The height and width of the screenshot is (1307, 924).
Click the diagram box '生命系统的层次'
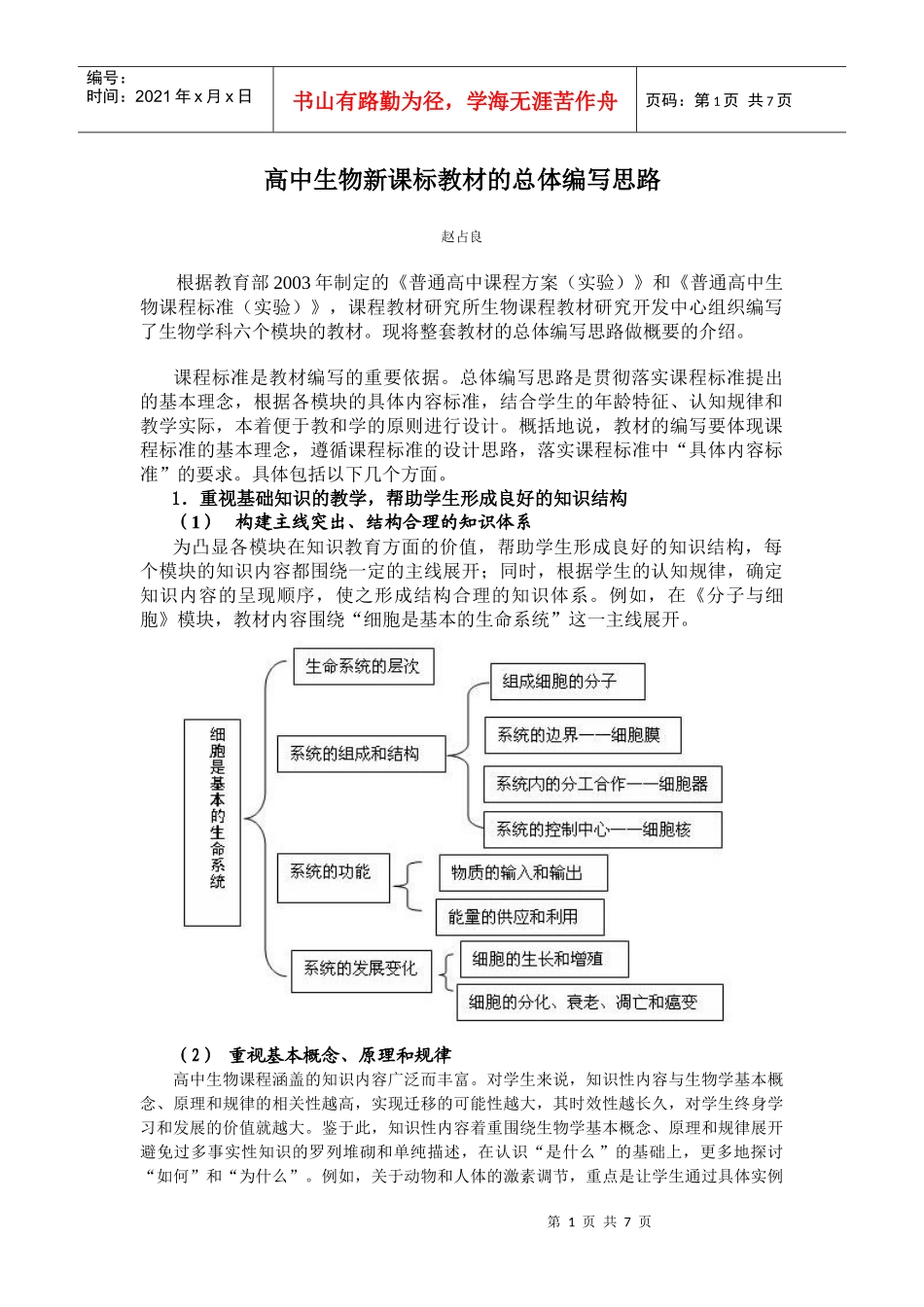(x=363, y=667)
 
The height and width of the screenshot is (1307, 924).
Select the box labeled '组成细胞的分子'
(x=567, y=682)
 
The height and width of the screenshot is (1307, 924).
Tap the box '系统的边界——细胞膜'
(x=582, y=735)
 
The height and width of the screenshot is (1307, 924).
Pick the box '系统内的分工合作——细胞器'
(x=603, y=784)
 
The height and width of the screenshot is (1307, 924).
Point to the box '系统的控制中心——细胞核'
(x=602, y=830)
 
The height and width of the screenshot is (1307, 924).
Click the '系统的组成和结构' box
(x=361, y=754)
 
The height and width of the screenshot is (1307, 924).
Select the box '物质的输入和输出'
(x=522, y=873)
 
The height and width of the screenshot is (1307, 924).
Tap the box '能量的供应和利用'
(x=518, y=917)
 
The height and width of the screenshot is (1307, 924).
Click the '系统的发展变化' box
(x=361, y=970)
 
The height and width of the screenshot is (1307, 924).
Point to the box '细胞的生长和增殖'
(x=543, y=959)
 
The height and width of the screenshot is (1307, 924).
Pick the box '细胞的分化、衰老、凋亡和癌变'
(x=589, y=1003)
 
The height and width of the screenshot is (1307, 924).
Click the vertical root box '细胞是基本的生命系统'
(x=212, y=822)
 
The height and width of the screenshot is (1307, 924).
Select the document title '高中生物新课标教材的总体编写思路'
(x=462, y=180)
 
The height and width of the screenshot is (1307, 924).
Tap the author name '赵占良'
(x=461, y=236)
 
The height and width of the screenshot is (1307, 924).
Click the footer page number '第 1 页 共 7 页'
(x=599, y=1222)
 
